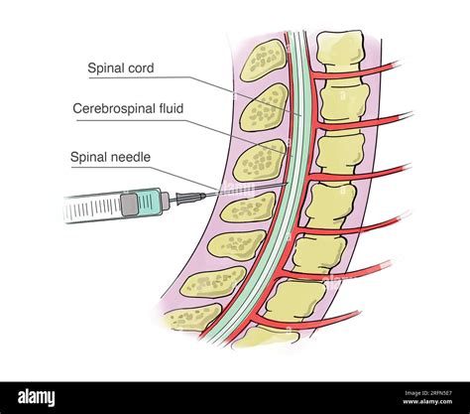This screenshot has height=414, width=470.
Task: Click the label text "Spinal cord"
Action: click(121, 69)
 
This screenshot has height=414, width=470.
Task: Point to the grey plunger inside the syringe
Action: click(129, 205)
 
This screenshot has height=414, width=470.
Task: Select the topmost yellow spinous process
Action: click(263, 61)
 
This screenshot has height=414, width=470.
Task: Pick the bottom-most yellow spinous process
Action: click(192, 319)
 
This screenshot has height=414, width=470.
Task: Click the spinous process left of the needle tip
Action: click(247, 206)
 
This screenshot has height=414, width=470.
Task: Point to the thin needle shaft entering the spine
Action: click(238, 191)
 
